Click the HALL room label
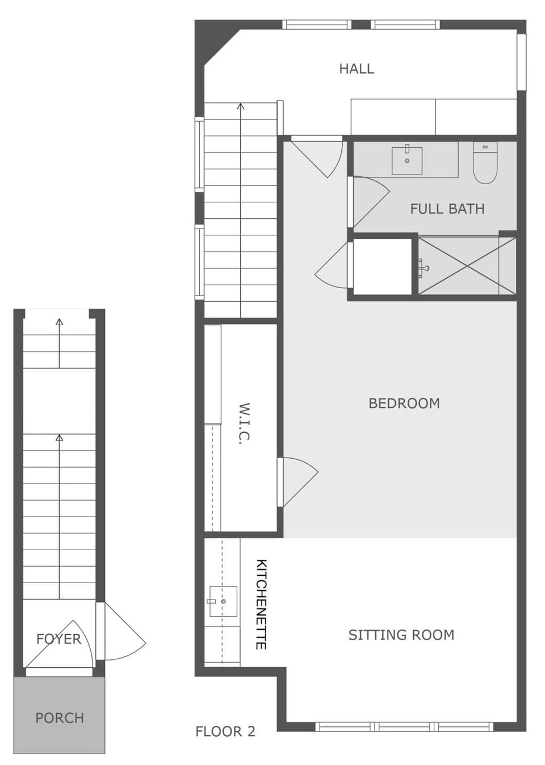point(357,69)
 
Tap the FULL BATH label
point(447,209)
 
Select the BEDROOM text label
point(404,403)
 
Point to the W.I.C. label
point(244,423)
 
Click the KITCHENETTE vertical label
point(261,604)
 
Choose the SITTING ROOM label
point(401,635)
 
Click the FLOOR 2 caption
point(225,731)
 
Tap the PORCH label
point(59,718)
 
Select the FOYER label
point(58,639)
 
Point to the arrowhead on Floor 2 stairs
point(241,106)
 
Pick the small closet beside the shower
point(382,267)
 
